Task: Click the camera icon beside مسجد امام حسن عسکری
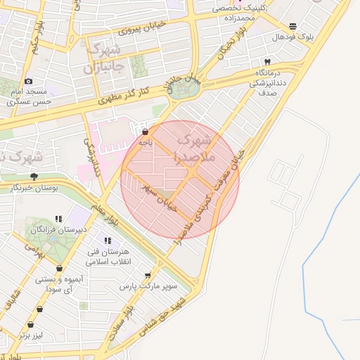tap(28, 82)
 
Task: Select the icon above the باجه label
tap(145, 131)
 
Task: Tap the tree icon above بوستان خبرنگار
tap(34, 176)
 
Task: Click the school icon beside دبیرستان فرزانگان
tap(59, 219)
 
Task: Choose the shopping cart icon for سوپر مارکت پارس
tap(148, 276)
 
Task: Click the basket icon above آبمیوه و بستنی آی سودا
tap(59, 268)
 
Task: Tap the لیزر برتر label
tap(30, 335)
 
